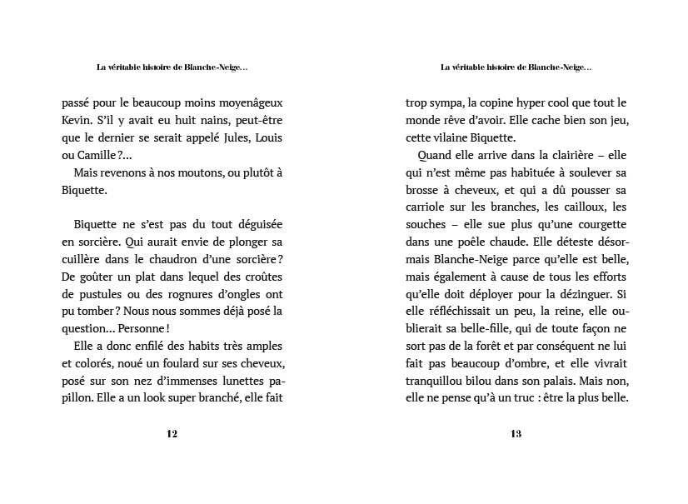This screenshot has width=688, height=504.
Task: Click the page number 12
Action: [x=172, y=433]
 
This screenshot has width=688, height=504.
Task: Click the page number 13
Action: [x=516, y=433]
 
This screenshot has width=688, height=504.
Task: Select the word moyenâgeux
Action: [x=249, y=103]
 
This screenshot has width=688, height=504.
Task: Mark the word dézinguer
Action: [x=587, y=293]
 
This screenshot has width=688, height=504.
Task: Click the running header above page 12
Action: [x=172, y=67]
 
